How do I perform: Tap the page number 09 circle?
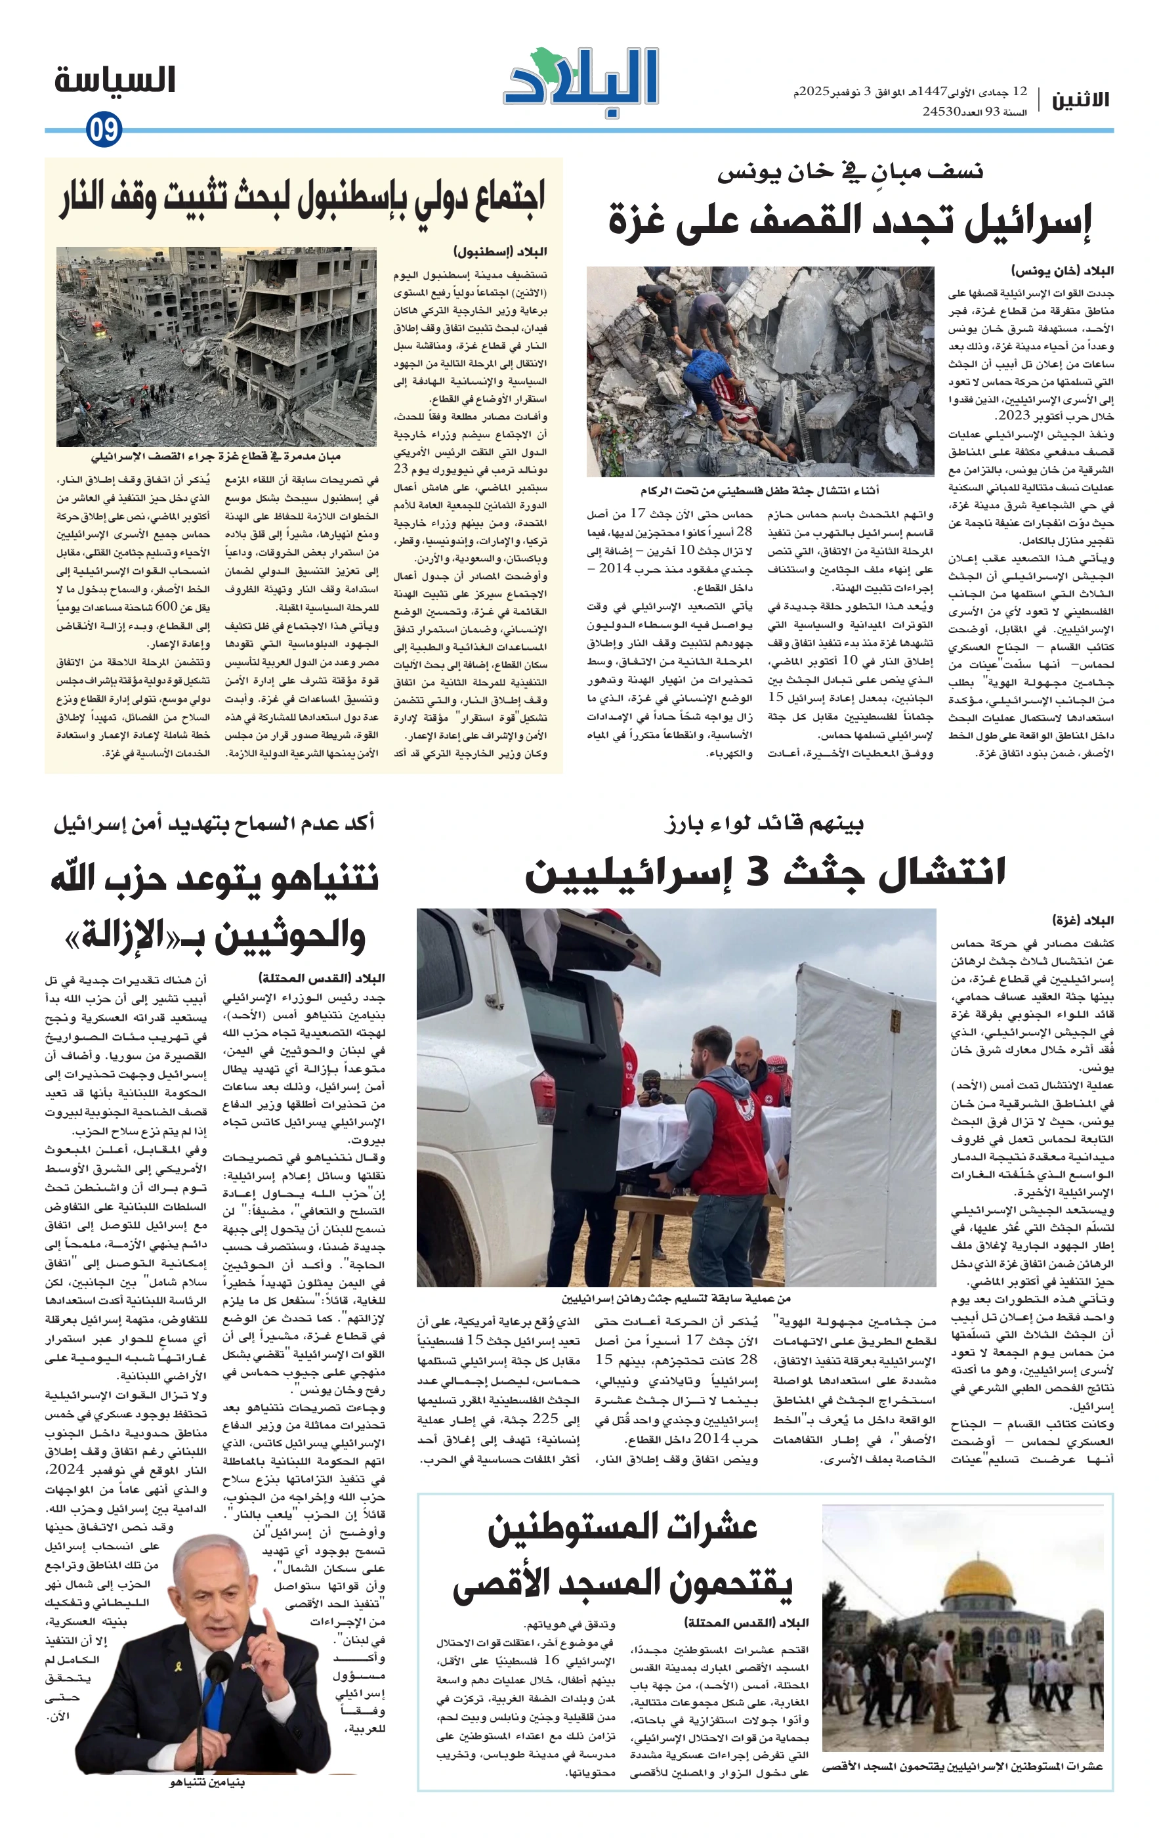[x=104, y=129]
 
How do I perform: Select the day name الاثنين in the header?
[x=1080, y=100]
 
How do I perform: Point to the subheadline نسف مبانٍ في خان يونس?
[x=850, y=172]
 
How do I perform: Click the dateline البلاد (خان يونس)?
[x=1062, y=270]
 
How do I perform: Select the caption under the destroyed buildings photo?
[x=216, y=456]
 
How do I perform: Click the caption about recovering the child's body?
[x=759, y=490]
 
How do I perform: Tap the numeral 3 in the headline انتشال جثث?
[x=757, y=872]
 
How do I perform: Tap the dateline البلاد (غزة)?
[x=1083, y=920]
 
